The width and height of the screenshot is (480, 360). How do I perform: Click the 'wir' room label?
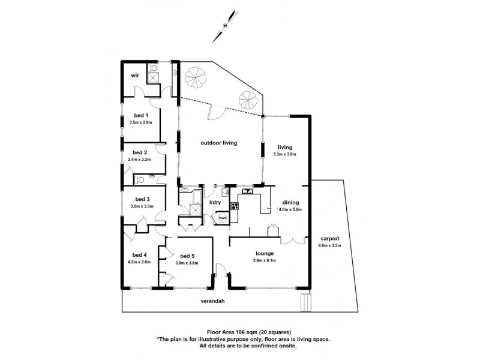click(x=135, y=76)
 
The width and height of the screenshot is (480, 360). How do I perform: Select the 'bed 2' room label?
click(x=140, y=152)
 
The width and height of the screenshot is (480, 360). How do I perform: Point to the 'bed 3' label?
click(x=142, y=199)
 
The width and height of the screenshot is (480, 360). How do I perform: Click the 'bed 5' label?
click(x=188, y=256)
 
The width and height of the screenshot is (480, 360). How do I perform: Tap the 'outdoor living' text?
click(x=219, y=143)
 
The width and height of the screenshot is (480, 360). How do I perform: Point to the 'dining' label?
click(x=289, y=202)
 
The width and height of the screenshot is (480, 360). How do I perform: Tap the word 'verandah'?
click(x=212, y=302)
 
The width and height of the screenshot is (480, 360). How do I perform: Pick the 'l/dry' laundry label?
click(x=215, y=202)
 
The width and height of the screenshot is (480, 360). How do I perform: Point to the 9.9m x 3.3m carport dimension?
click(x=329, y=245)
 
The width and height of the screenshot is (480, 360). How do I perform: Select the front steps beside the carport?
click(x=306, y=302)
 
